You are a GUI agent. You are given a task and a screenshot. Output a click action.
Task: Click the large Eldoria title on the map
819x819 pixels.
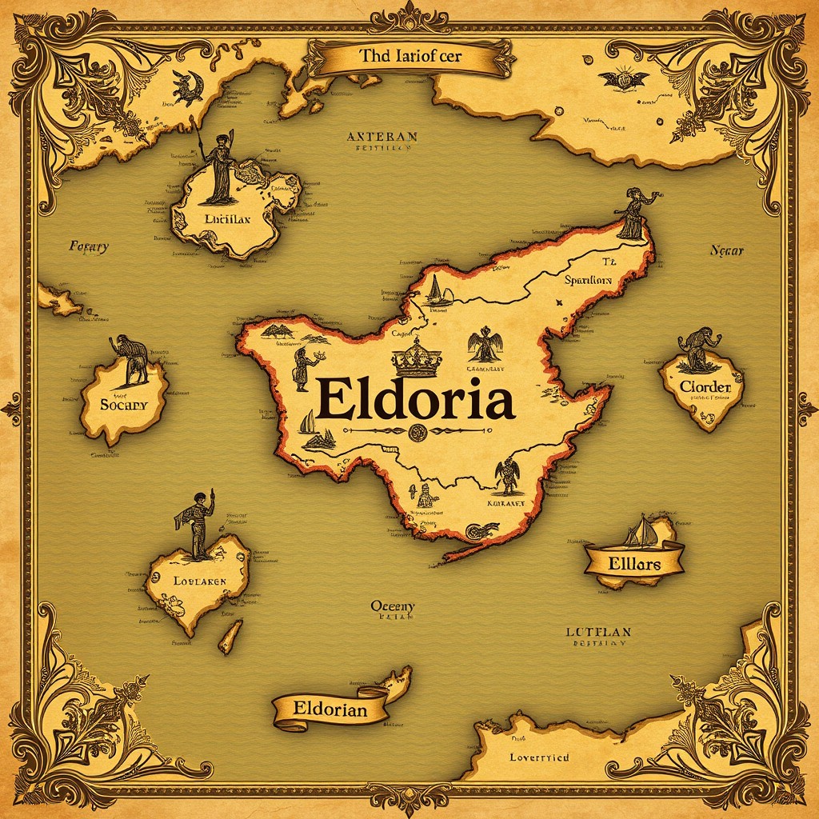(x=414, y=401)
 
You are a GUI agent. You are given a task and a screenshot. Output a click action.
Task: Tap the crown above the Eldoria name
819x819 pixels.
(x=416, y=358)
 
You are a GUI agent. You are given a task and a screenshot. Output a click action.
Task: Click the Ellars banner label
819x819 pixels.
(x=634, y=563)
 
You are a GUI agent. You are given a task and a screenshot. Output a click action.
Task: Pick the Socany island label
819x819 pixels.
(x=124, y=404)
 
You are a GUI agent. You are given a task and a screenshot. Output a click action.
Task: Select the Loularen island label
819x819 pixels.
(x=199, y=581)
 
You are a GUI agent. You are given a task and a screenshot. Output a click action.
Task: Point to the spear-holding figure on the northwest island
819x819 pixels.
(x=218, y=166)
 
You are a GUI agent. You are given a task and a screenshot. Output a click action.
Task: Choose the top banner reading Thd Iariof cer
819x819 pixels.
(x=409, y=57)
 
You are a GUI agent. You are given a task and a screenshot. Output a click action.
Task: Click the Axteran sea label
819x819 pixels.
(x=382, y=137)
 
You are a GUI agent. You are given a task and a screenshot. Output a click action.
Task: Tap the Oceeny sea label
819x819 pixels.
(x=392, y=607)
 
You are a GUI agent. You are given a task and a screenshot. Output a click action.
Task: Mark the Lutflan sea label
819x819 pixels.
(x=598, y=633)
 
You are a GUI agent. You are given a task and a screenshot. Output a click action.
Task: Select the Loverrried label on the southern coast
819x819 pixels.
(x=539, y=757)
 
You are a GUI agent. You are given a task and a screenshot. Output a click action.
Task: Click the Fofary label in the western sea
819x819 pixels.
(x=88, y=247)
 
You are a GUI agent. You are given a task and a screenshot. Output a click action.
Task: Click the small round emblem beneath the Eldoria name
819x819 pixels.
(x=415, y=433)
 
